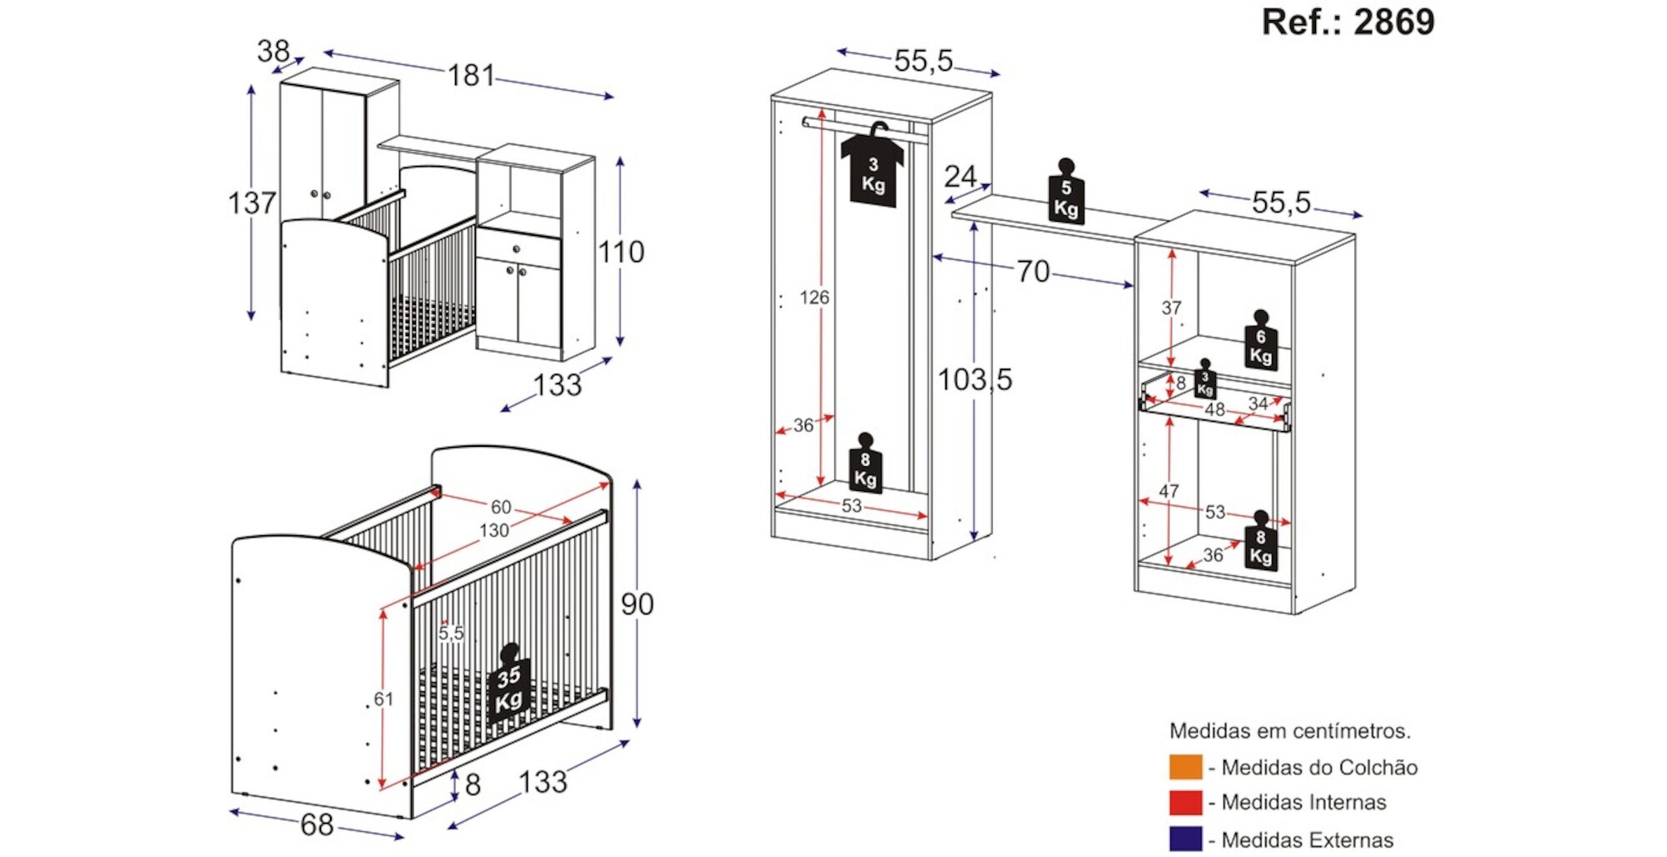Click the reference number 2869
tap(1394, 22)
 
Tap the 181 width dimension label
tap(472, 76)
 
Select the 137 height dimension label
tap(252, 203)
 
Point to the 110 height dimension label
tap(621, 252)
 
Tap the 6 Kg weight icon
tap(1260, 344)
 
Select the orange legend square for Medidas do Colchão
tap(1185, 767)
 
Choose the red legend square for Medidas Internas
tap(1185, 803)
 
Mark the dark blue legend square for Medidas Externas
tap(1185, 839)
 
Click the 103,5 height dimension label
tap(974, 380)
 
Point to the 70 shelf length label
tap(1033, 272)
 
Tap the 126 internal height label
tap(814, 298)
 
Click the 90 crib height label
tap(637, 604)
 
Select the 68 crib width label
tap(317, 825)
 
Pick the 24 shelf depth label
tap(960, 177)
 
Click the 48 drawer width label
tap(1214, 410)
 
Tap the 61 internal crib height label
tap(383, 699)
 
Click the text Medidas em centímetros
tap(1289, 731)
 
